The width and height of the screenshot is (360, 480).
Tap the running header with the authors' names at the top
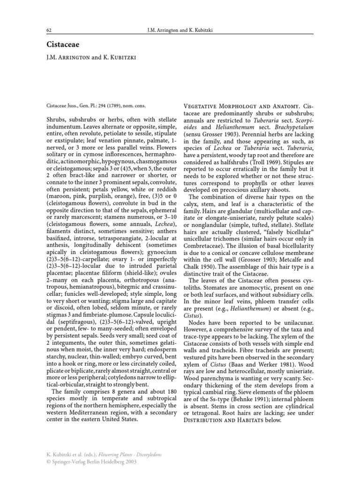tap(180, 31)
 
